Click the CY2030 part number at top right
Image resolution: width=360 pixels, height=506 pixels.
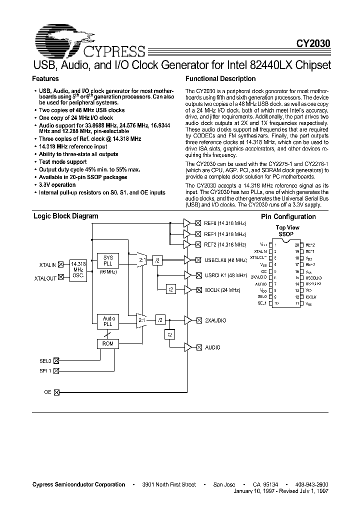pos(314,44)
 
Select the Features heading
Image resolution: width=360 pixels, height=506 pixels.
pos(45,78)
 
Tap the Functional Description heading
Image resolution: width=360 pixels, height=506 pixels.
pos(220,78)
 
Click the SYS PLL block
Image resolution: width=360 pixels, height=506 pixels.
pos(108,260)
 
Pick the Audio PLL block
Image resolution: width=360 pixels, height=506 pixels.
pos(108,321)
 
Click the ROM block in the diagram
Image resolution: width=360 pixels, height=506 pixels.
pos(108,343)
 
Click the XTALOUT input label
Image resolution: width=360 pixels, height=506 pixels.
pos(46,277)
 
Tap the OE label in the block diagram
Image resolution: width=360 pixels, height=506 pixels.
pos(48,393)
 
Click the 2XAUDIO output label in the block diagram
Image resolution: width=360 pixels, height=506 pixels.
pos(216,320)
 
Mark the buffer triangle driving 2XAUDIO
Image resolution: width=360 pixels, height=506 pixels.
pos(187,320)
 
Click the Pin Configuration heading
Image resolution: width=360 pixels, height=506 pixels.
pos(288,217)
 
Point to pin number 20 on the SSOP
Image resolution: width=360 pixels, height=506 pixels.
pos(296,245)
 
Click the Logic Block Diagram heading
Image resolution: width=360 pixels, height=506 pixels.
pos(65,216)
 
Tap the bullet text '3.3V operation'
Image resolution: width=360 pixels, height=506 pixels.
pos(59,184)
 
